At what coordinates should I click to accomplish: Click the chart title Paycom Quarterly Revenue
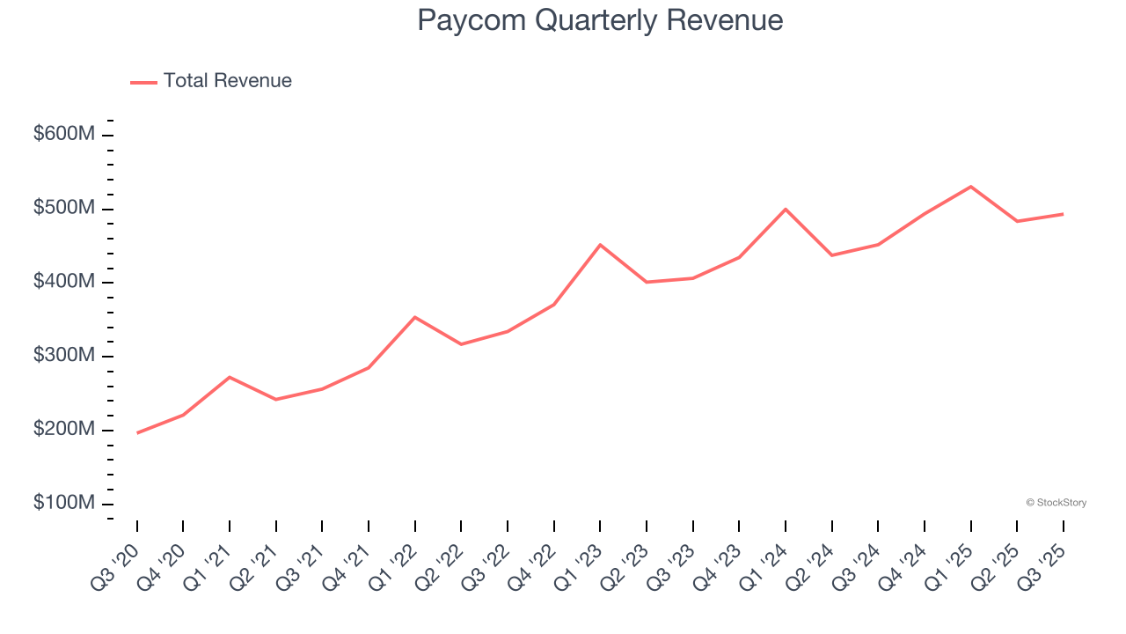coord(600,20)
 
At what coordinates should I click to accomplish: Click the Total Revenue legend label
coord(227,81)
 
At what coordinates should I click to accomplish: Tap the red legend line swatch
coord(143,82)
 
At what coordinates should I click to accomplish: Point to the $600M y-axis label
coord(64,135)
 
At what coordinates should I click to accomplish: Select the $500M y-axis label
coord(64,209)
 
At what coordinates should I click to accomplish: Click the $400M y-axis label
coord(64,283)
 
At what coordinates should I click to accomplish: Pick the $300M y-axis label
coord(64,356)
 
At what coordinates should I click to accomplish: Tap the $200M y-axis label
coord(64,430)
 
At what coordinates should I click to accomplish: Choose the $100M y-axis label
coord(64,504)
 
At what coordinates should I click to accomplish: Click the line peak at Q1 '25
coord(970,187)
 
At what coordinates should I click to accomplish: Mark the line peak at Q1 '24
coord(786,210)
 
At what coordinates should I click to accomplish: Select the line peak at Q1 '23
coord(600,245)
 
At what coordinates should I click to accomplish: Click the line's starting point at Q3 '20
coord(137,433)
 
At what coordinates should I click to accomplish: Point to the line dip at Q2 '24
coord(831,255)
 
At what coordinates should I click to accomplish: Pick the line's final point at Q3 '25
coord(1063,214)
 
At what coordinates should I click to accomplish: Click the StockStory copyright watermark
coord(1056,503)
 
